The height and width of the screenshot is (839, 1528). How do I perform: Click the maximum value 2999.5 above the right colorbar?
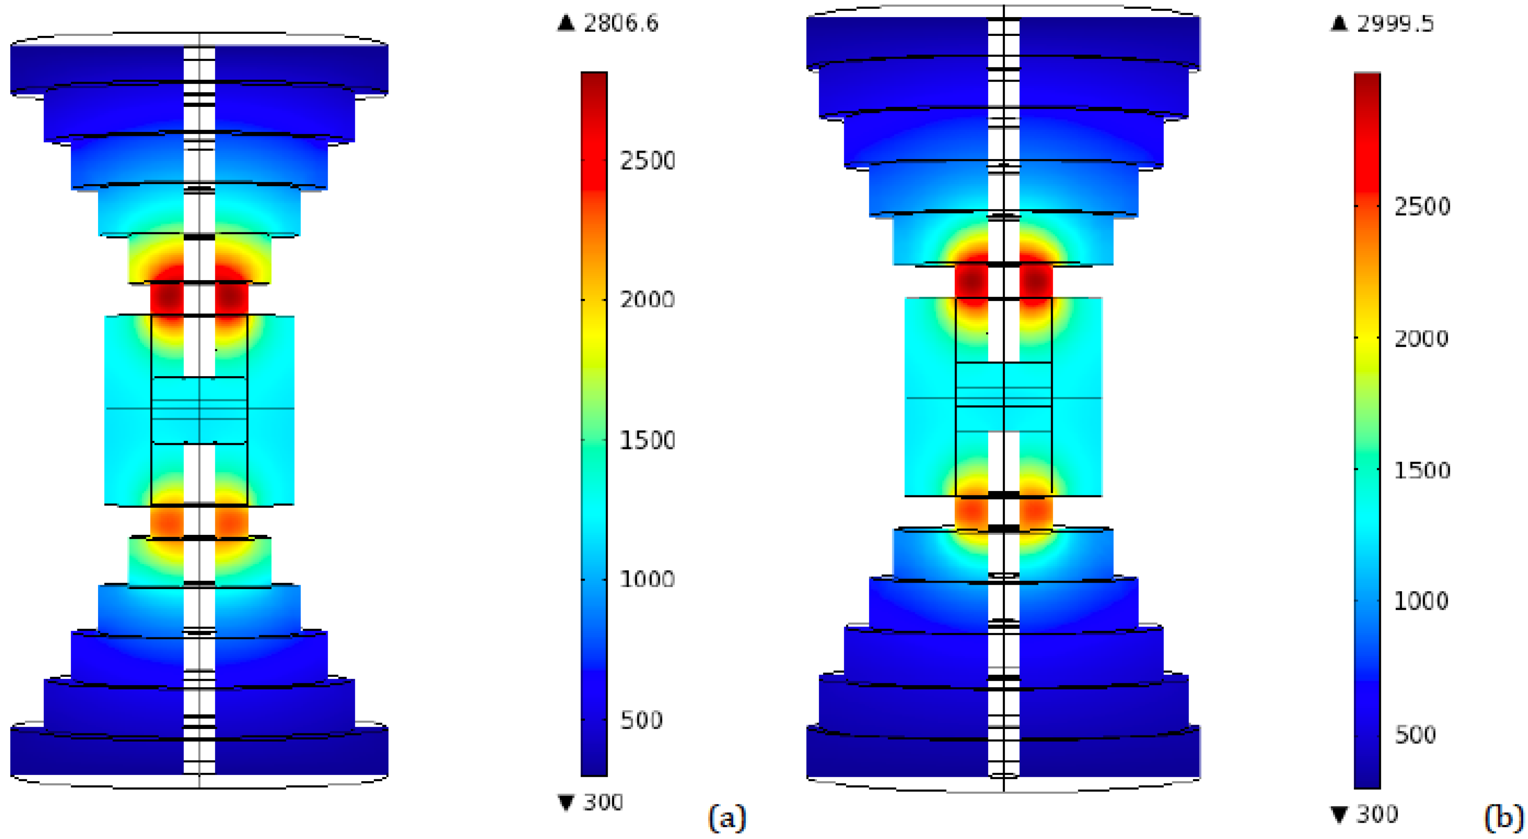coord(1395,24)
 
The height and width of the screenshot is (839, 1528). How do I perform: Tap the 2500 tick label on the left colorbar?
coord(648,161)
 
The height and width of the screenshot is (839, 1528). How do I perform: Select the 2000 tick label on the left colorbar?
coord(648,299)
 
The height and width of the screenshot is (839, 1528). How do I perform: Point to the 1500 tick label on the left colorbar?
coord(648,440)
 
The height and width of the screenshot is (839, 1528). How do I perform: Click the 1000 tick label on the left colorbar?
coord(648,579)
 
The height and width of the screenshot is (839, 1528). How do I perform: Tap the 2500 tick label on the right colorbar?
coord(1422,206)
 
